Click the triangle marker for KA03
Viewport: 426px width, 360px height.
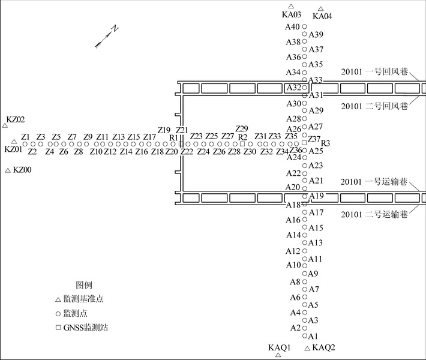pyautogui.click(x=291, y=6)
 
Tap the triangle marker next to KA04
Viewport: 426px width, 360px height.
pyautogui.click(x=321, y=9)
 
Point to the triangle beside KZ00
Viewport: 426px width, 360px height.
pyautogui.click(x=8, y=171)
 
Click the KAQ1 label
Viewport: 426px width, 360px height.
pyautogui.click(x=279, y=347)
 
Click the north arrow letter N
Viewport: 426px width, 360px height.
pyautogui.click(x=115, y=29)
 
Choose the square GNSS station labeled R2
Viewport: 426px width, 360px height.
pyautogui.click(x=242, y=144)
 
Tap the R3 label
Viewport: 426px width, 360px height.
pyautogui.click(x=326, y=143)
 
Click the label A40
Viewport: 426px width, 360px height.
pyautogui.click(x=292, y=27)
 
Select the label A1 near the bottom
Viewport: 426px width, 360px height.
pyautogui.click(x=313, y=337)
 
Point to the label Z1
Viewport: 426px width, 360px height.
pyautogui.click(x=26, y=137)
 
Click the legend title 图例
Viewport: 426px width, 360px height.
pyautogui.click(x=84, y=285)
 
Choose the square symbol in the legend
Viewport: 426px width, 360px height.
pyautogui.click(x=58, y=328)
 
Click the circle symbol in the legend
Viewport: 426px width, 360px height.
pyautogui.click(x=58, y=313)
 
